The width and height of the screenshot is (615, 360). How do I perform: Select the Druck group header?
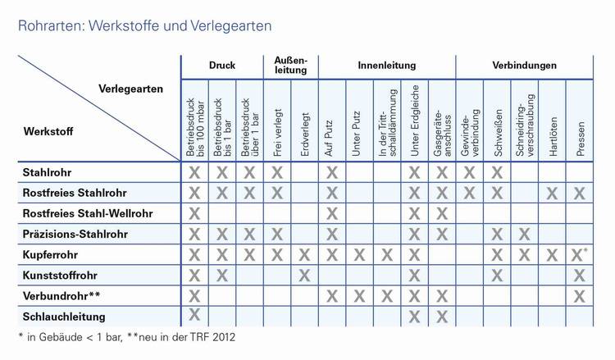(x=222, y=65)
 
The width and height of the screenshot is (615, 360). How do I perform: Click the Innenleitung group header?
(x=387, y=65)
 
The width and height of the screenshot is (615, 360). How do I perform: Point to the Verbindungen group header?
(x=525, y=65)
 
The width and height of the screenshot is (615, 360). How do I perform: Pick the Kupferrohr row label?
(x=51, y=254)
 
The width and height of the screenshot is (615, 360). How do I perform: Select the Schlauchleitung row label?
(x=65, y=316)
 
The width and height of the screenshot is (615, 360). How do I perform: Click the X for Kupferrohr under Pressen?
(x=578, y=254)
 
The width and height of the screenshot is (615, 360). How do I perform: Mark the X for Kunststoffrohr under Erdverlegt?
(x=304, y=275)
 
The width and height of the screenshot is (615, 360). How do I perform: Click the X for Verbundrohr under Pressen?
(x=580, y=295)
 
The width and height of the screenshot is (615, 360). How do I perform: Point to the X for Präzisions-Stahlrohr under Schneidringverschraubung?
(x=525, y=234)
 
